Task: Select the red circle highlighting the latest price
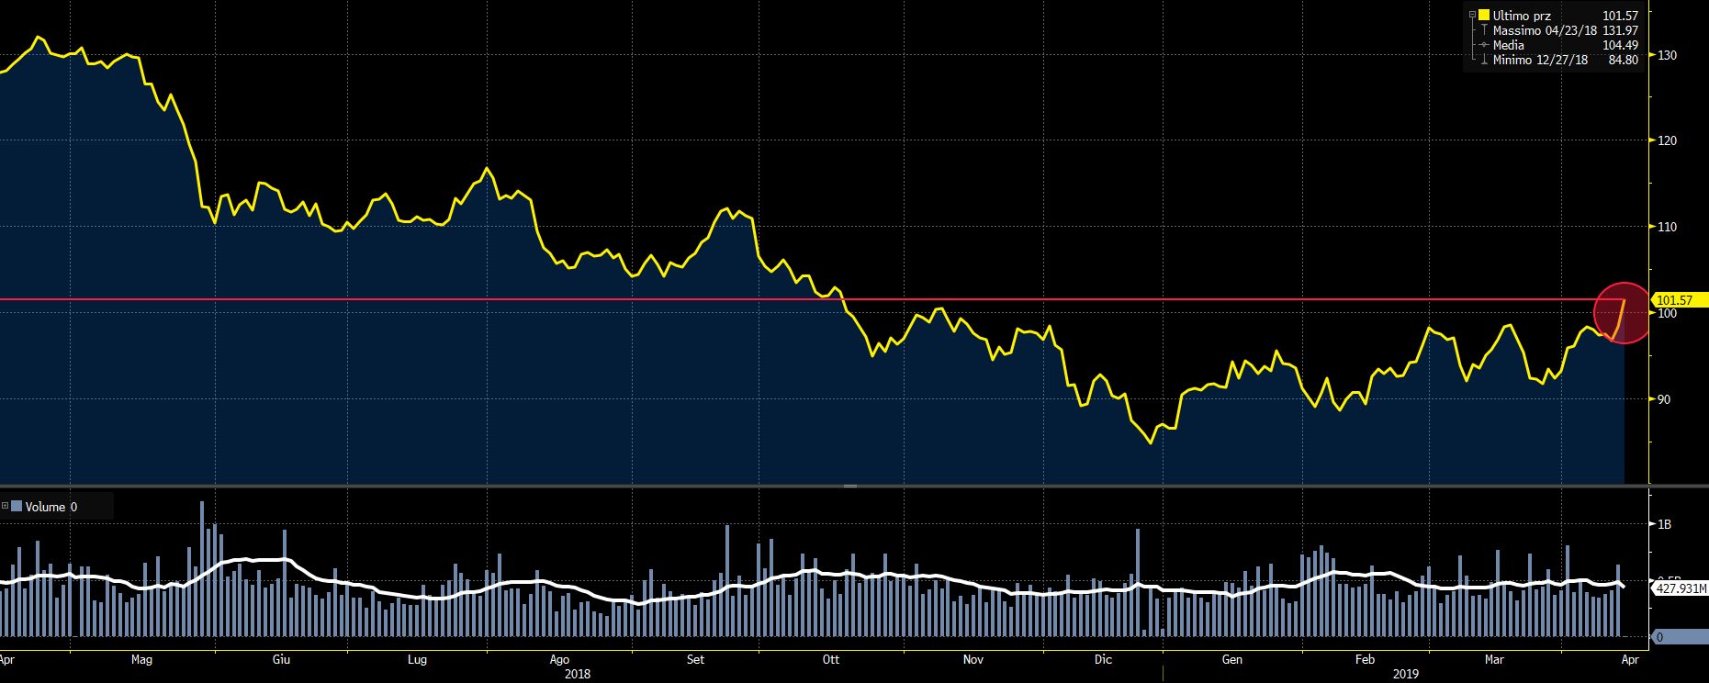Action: (x=1623, y=312)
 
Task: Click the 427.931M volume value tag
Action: (x=1681, y=588)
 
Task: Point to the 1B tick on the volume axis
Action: (x=1663, y=524)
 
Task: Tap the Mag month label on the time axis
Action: (x=141, y=659)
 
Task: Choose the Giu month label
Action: (x=282, y=659)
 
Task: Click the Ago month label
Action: (x=559, y=659)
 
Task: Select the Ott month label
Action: (x=831, y=659)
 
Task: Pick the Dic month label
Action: (x=1103, y=659)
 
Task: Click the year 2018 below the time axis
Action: (x=578, y=674)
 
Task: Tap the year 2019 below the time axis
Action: (x=1405, y=674)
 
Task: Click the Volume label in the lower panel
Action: (x=45, y=507)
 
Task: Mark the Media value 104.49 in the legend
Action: (x=1620, y=45)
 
